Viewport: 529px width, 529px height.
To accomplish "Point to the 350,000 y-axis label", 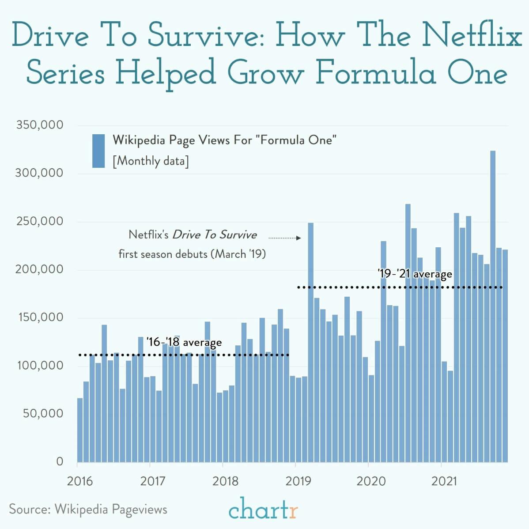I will [39, 125].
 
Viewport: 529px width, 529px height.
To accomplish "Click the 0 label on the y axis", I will [59, 461].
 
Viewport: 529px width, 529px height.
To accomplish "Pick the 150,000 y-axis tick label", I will [39, 317].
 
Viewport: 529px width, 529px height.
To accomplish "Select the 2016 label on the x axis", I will [80, 480].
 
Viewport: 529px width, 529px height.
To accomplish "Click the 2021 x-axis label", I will [444, 480].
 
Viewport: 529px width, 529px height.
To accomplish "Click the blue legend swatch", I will [98, 151].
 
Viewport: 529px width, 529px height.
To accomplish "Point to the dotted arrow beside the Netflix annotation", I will [284, 238].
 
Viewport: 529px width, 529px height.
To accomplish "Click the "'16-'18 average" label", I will [184, 342].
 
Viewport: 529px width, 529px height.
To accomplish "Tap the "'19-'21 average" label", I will [415, 274].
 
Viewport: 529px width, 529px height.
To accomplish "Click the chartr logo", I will [264, 509].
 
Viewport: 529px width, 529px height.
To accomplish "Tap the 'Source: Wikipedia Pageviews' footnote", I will [88, 509].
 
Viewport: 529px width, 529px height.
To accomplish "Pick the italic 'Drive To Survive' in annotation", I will [215, 234].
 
